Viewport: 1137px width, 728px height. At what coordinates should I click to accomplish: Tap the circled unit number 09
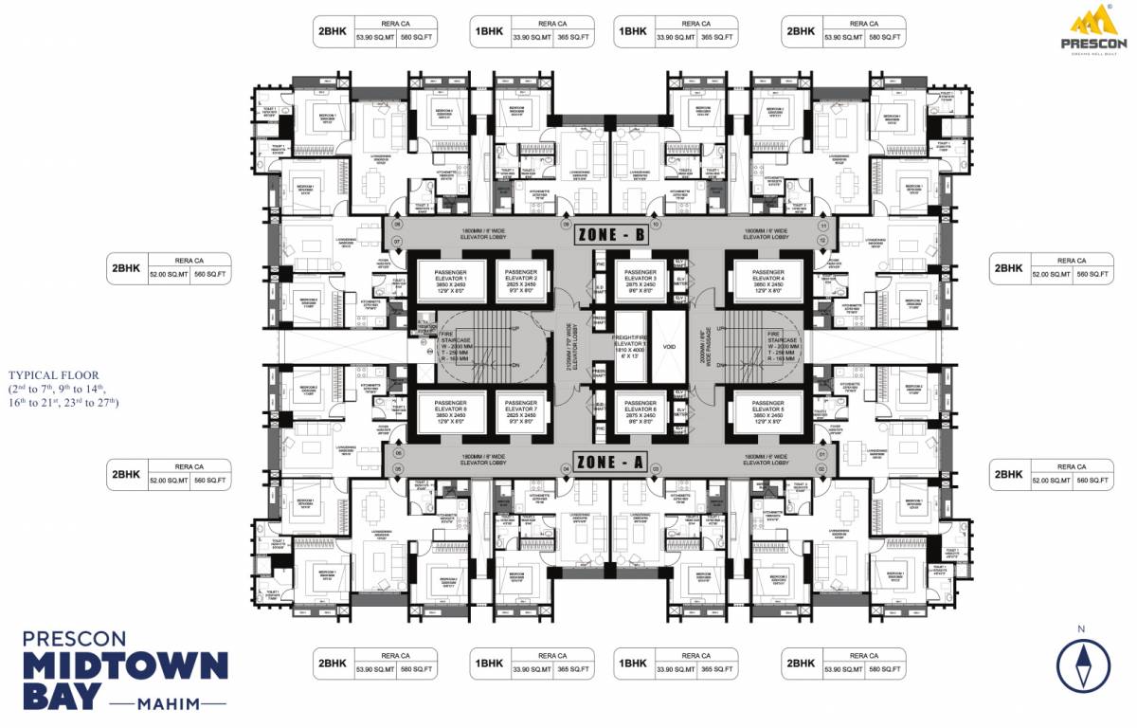pos(567,226)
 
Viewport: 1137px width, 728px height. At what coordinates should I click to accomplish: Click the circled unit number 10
pos(654,226)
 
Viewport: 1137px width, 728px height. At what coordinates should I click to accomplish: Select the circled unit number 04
pos(567,469)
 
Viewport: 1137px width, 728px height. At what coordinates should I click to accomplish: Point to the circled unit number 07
pos(398,242)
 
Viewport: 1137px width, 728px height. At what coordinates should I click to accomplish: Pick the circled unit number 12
pos(823,241)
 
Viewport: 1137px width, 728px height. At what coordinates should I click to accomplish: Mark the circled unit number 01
pos(822,455)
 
